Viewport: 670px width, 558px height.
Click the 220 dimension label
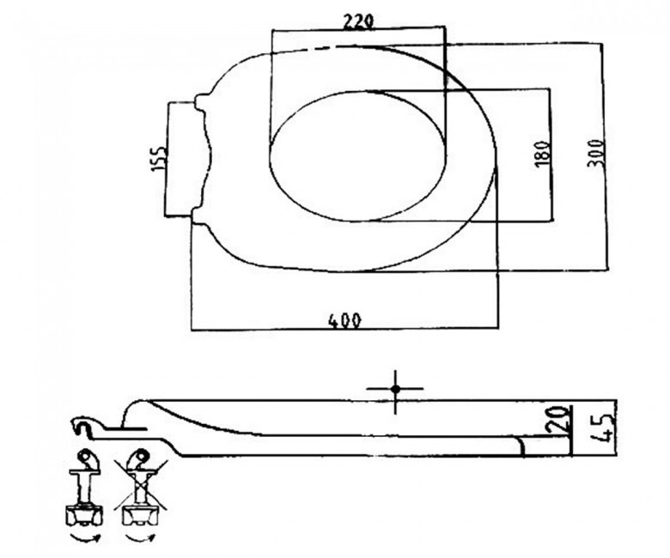(359, 22)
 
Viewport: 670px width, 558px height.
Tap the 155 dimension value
(158, 159)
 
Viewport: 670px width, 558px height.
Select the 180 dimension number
(541, 155)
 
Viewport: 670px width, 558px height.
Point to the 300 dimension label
(596, 153)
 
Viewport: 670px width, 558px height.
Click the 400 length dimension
(344, 320)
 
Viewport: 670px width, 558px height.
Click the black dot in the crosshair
(395, 389)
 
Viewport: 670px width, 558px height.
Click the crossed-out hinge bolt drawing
(140, 488)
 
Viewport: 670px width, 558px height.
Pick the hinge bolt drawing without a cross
(84, 488)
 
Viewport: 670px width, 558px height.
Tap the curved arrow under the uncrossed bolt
(84, 538)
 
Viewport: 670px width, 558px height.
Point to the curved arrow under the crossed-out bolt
(141, 538)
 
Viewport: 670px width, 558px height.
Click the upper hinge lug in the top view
(202, 100)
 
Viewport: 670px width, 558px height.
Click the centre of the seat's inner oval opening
(357, 156)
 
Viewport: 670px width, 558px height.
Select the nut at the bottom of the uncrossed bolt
(84, 515)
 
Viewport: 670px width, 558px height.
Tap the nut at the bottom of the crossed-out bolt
(140, 515)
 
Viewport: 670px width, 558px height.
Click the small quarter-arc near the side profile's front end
(521, 446)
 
